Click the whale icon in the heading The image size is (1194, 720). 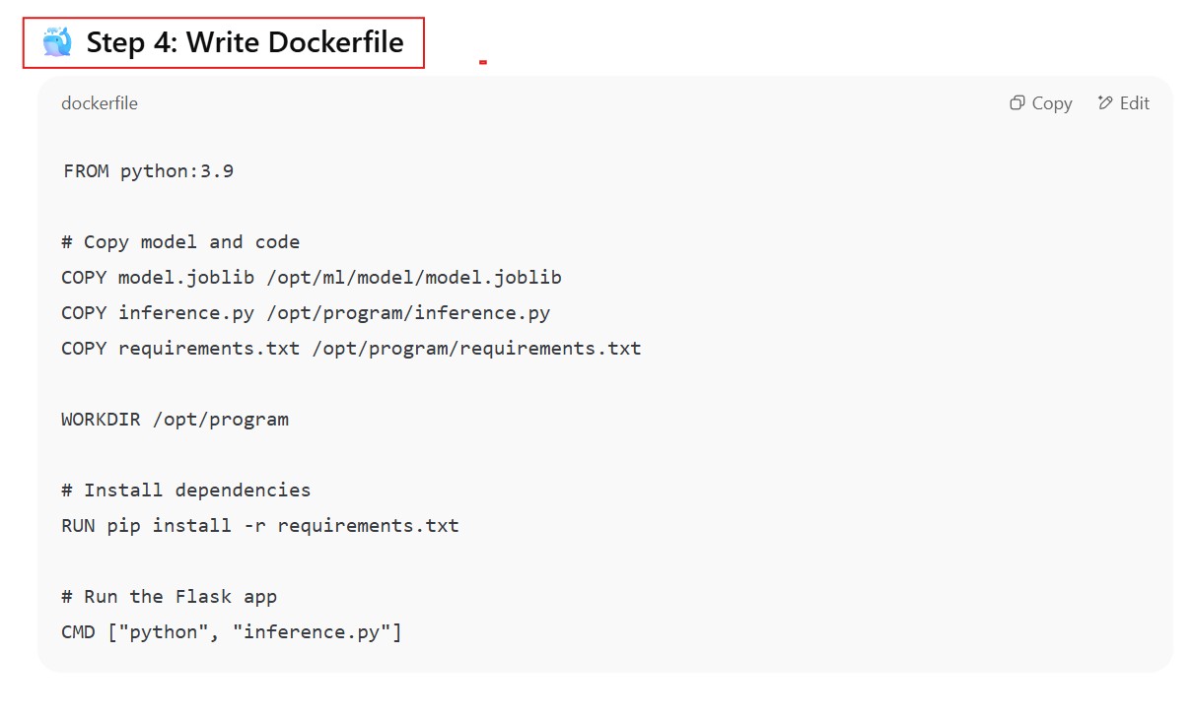click(57, 42)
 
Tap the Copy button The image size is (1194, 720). click(1041, 103)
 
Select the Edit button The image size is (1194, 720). click(1124, 103)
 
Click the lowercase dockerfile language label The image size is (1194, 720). click(100, 103)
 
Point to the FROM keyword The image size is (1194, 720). click(86, 171)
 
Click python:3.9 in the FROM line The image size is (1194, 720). click(176, 171)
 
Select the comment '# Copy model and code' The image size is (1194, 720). click(180, 242)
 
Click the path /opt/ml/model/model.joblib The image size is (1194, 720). click(413, 278)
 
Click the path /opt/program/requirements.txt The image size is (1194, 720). click(476, 349)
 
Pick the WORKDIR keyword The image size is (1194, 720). click(101, 420)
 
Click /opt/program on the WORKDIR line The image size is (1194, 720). click(221, 420)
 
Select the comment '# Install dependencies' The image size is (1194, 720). click(186, 491)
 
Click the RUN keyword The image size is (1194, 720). click(78, 526)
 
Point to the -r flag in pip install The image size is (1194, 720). click(254, 526)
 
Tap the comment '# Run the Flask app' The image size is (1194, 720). click(170, 597)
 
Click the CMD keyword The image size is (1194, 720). click(78, 632)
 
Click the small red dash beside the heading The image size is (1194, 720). click(483, 62)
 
